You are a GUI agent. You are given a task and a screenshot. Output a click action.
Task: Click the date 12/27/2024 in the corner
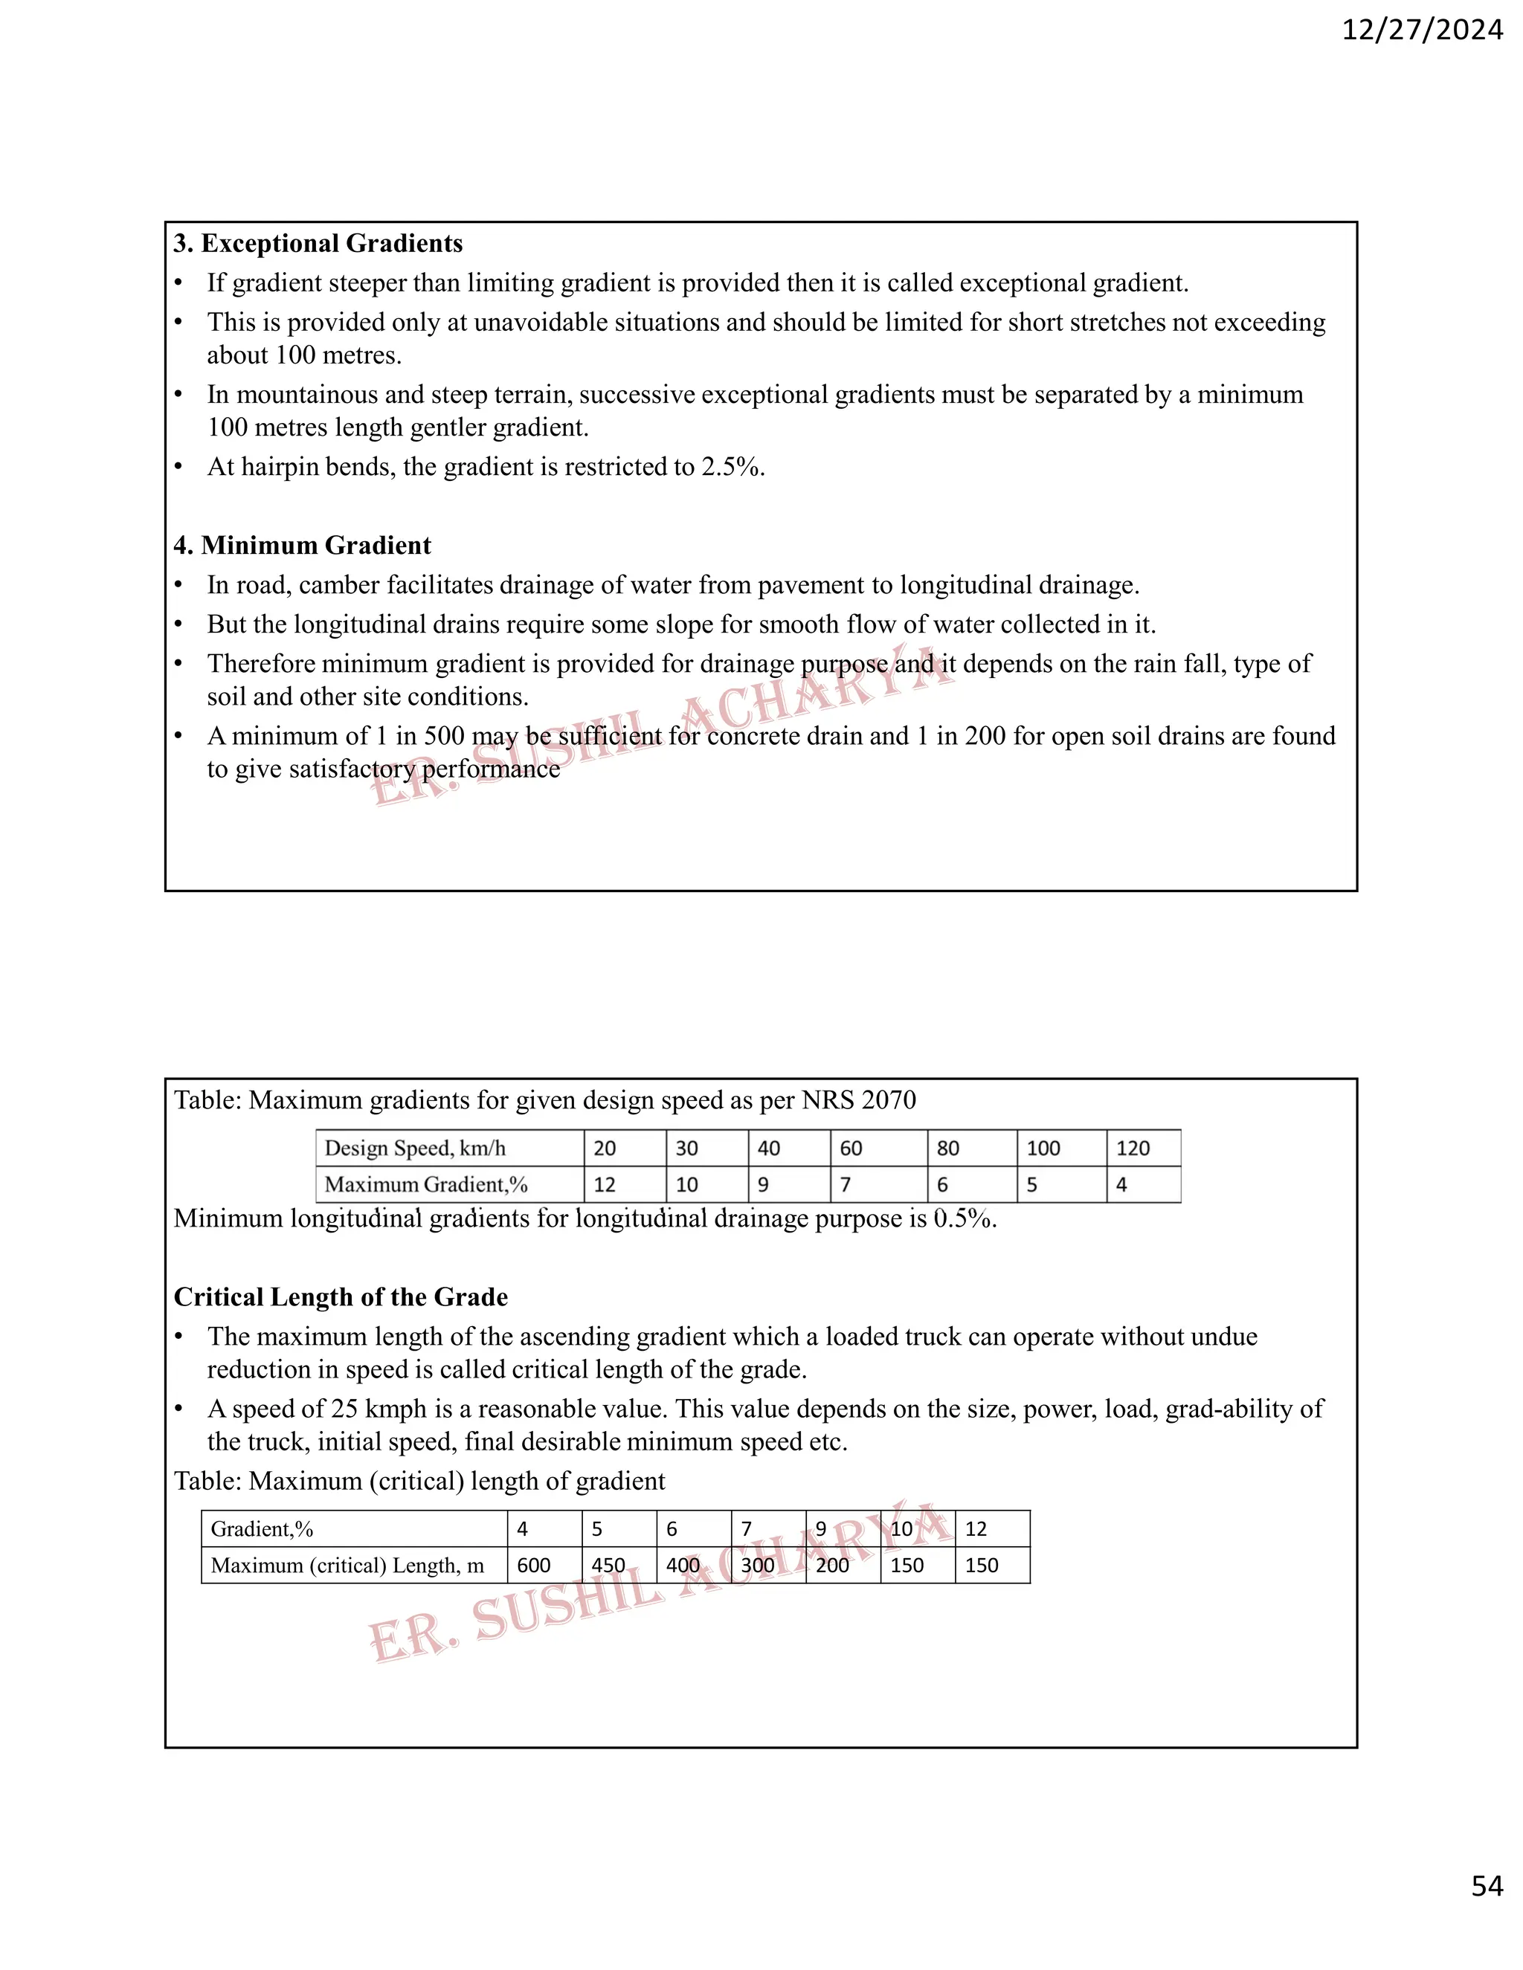pos(1422,30)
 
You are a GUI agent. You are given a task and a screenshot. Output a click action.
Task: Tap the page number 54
pos(1487,1886)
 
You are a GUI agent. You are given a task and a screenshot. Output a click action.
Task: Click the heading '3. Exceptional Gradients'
pos(318,244)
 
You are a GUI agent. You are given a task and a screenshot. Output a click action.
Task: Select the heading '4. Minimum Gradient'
pos(302,546)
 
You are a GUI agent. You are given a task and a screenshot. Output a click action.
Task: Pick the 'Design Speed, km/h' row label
pos(415,1149)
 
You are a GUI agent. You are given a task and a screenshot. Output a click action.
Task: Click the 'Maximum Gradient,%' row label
pos(426,1184)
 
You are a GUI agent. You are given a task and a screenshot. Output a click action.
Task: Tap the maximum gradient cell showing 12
pos(605,1184)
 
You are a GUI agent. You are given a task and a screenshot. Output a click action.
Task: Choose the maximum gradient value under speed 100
pos(1032,1184)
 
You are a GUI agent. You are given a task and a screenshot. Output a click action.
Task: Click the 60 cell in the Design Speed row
pos(851,1149)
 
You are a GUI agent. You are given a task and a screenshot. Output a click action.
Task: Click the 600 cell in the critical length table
pos(534,1565)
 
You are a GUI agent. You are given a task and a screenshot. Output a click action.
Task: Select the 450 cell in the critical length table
pos(608,1565)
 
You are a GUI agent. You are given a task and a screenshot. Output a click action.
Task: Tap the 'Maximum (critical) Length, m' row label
pos(347,1565)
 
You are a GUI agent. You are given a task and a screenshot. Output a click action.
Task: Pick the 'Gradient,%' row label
pos(262,1529)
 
